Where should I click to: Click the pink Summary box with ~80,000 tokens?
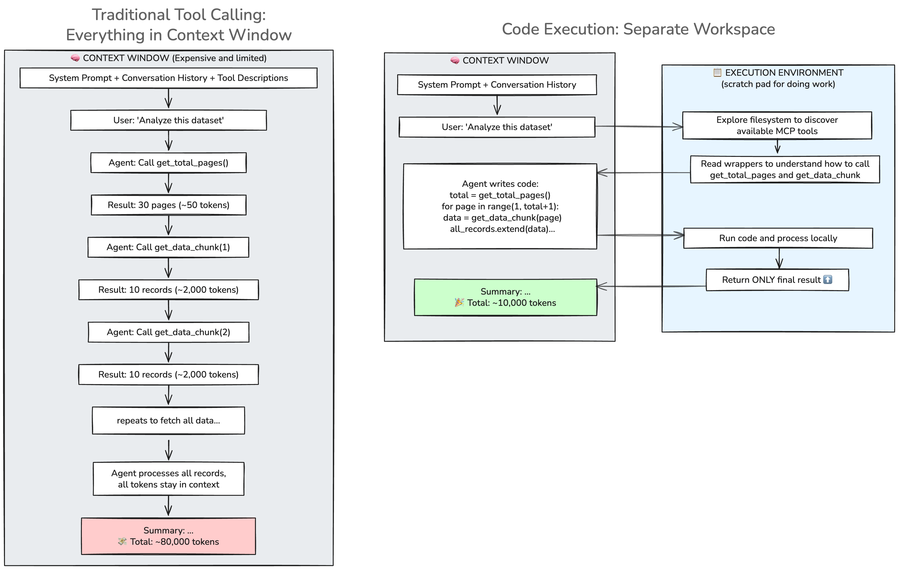(168, 536)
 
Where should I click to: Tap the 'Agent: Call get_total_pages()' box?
(168, 163)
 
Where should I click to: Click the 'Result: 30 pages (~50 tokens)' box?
(168, 205)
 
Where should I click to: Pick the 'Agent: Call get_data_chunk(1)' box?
(168, 247)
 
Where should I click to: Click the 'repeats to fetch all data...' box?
(168, 420)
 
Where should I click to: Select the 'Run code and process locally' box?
(778, 238)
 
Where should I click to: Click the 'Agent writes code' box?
(500, 206)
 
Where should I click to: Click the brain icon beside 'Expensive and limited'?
(75, 58)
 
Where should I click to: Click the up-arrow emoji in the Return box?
(828, 279)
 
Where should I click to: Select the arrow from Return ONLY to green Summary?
(651, 286)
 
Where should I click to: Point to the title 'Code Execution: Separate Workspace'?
(638, 29)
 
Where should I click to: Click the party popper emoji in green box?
(459, 303)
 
